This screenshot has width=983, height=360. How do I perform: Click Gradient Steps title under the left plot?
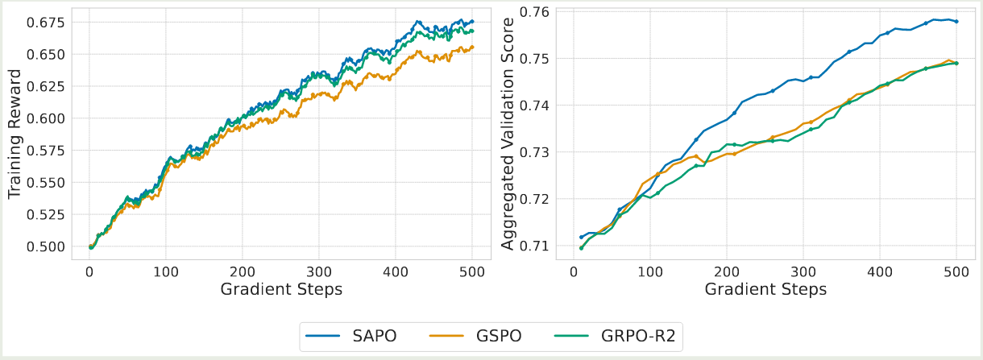pyautogui.click(x=281, y=289)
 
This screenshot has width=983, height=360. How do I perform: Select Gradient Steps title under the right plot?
pyautogui.click(x=765, y=289)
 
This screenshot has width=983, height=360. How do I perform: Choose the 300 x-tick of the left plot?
pyautogui.click(x=319, y=271)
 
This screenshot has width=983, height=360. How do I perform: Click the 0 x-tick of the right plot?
pyautogui.click(x=573, y=271)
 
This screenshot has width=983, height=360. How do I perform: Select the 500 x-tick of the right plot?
pyautogui.click(x=956, y=271)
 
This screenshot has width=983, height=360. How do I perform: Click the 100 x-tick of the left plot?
pyautogui.click(x=166, y=271)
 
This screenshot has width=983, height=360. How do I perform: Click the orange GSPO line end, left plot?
pyautogui.click(x=472, y=47)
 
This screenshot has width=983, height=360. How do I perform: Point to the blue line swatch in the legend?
pyautogui.click(x=326, y=337)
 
